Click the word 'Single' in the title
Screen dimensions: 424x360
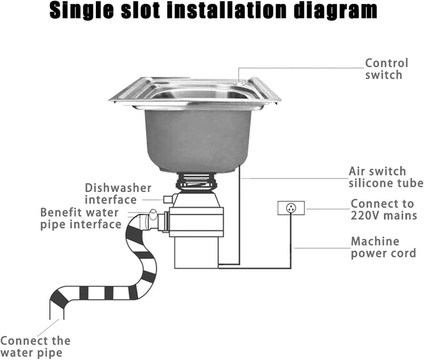[x=82, y=11]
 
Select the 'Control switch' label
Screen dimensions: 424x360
[x=386, y=69]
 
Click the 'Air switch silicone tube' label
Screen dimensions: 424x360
[x=386, y=177]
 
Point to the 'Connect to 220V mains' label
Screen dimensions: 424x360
[x=384, y=210]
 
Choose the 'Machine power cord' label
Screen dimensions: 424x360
[x=383, y=247]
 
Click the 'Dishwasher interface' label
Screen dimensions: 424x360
[x=118, y=194]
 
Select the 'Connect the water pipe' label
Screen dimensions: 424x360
[x=35, y=347]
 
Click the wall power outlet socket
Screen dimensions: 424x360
[x=291, y=208]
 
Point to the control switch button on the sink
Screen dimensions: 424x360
[x=239, y=81]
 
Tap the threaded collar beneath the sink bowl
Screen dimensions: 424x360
[x=196, y=181]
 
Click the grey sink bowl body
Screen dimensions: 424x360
[x=197, y=141]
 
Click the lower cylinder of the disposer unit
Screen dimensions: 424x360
[x=196, y=253]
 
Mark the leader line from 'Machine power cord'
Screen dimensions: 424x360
[x=323, y=248]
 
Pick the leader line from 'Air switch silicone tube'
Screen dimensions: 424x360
[x=295, y=179]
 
